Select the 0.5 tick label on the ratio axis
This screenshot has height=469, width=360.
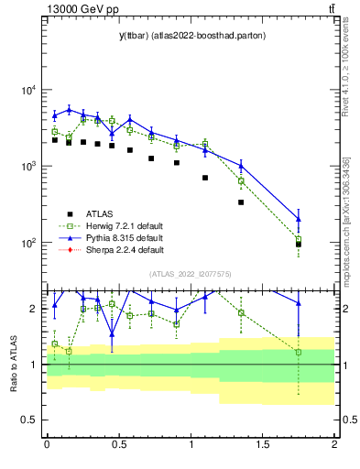(28, 420)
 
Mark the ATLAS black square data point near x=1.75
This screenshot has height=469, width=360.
(299, 245)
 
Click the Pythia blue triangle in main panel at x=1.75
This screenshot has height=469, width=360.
(299, 218)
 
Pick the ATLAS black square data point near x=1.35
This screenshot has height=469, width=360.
(241, 202)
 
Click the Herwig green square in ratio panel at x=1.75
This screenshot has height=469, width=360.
(299, 352)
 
